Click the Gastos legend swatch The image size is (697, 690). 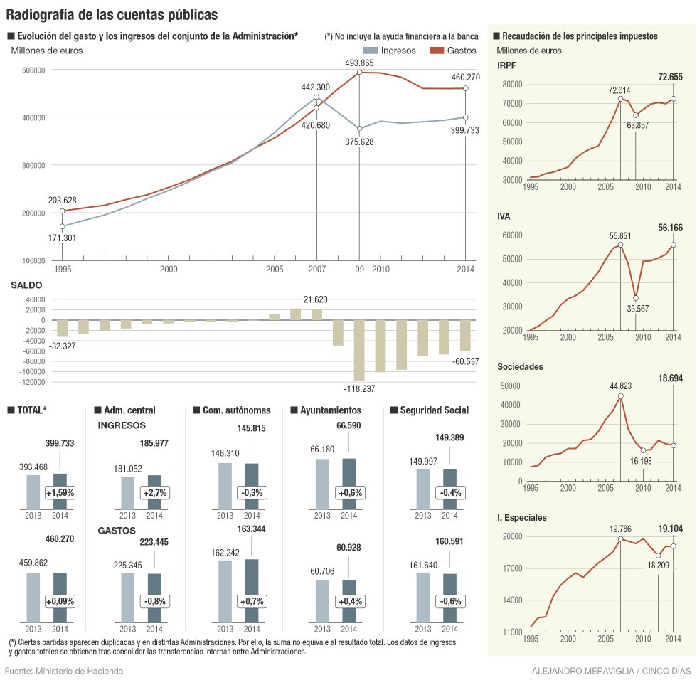pos(436,51)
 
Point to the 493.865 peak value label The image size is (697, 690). pos(359,63)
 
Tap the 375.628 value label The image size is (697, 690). pos(359,142)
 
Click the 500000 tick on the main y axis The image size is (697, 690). pos(34,70)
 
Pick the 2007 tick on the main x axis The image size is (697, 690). pos(317,270)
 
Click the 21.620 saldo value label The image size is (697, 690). pos(315,299)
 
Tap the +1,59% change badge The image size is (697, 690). pos(60,492)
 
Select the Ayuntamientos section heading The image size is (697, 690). pos(330,410)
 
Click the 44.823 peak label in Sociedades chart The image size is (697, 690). pos(620,386)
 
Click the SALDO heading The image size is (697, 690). pos(26,285)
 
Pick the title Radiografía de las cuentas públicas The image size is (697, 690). pos(112,14)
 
